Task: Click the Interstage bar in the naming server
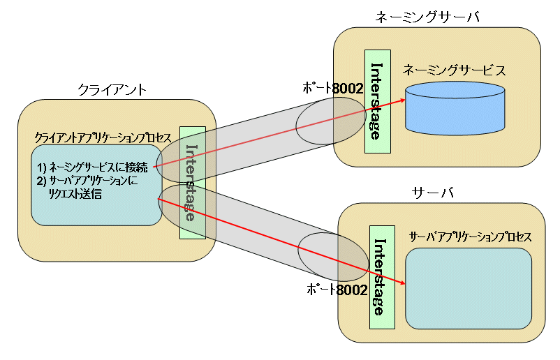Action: [x=375, y=100]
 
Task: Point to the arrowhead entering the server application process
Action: [x=402, y=283]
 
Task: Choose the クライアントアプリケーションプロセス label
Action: [x=103, y=138]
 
